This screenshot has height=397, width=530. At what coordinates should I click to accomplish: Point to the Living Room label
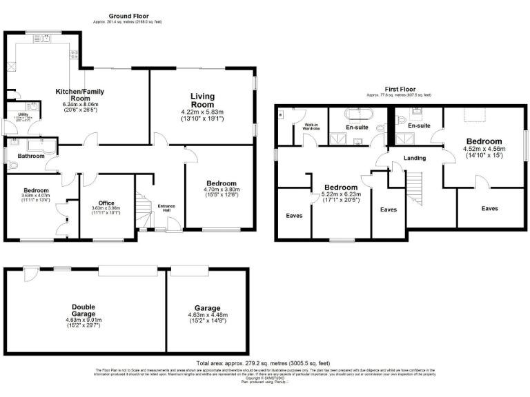202,100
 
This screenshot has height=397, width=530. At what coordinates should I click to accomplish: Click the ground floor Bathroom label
32,156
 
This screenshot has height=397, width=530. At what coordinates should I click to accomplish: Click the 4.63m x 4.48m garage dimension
207,318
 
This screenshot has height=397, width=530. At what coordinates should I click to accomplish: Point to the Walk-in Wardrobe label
310,128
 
